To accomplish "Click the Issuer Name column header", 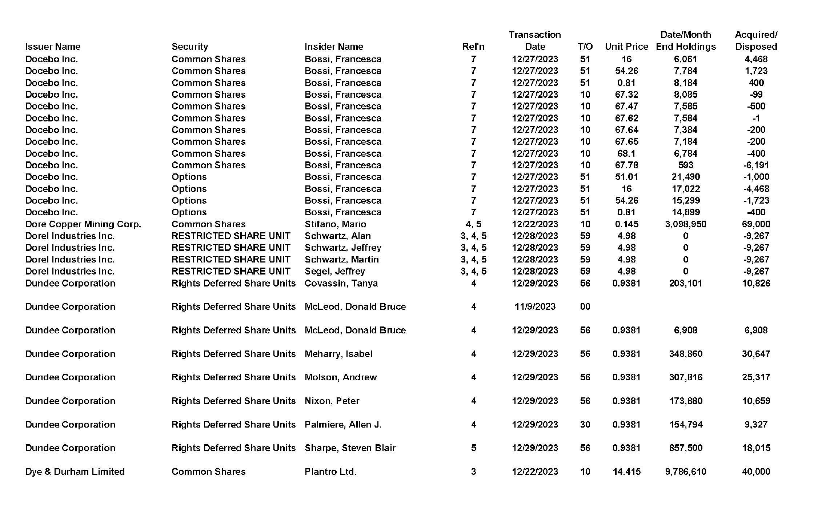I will (x=53, y=47).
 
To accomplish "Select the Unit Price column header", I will (x=626, y=47).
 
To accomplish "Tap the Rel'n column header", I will (x=473, y=47).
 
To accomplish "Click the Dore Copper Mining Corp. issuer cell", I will (x=83, y=224).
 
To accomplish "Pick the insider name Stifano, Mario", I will (x=335, y=224).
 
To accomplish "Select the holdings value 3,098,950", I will (x=685, y=224).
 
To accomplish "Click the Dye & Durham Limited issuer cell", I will (x=75, y=472).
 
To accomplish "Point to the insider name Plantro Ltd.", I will (x=330, y=472).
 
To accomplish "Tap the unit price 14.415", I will (x=626, y=472).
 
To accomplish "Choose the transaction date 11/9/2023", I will (x=535, y=306).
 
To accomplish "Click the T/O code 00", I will (x=585, y=306).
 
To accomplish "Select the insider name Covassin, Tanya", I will (x=341, y=283).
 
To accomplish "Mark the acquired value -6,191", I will (x=756, y=165).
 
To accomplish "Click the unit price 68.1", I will (x=626, y=153).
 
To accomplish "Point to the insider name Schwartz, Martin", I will (x=341, y=260).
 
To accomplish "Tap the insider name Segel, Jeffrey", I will (x=334, y=271).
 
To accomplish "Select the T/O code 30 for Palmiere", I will (x=585, y=424).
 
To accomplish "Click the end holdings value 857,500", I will (x=685, y=448).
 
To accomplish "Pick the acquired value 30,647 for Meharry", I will (x=756, y=354).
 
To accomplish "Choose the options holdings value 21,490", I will (x=685, y=177).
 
